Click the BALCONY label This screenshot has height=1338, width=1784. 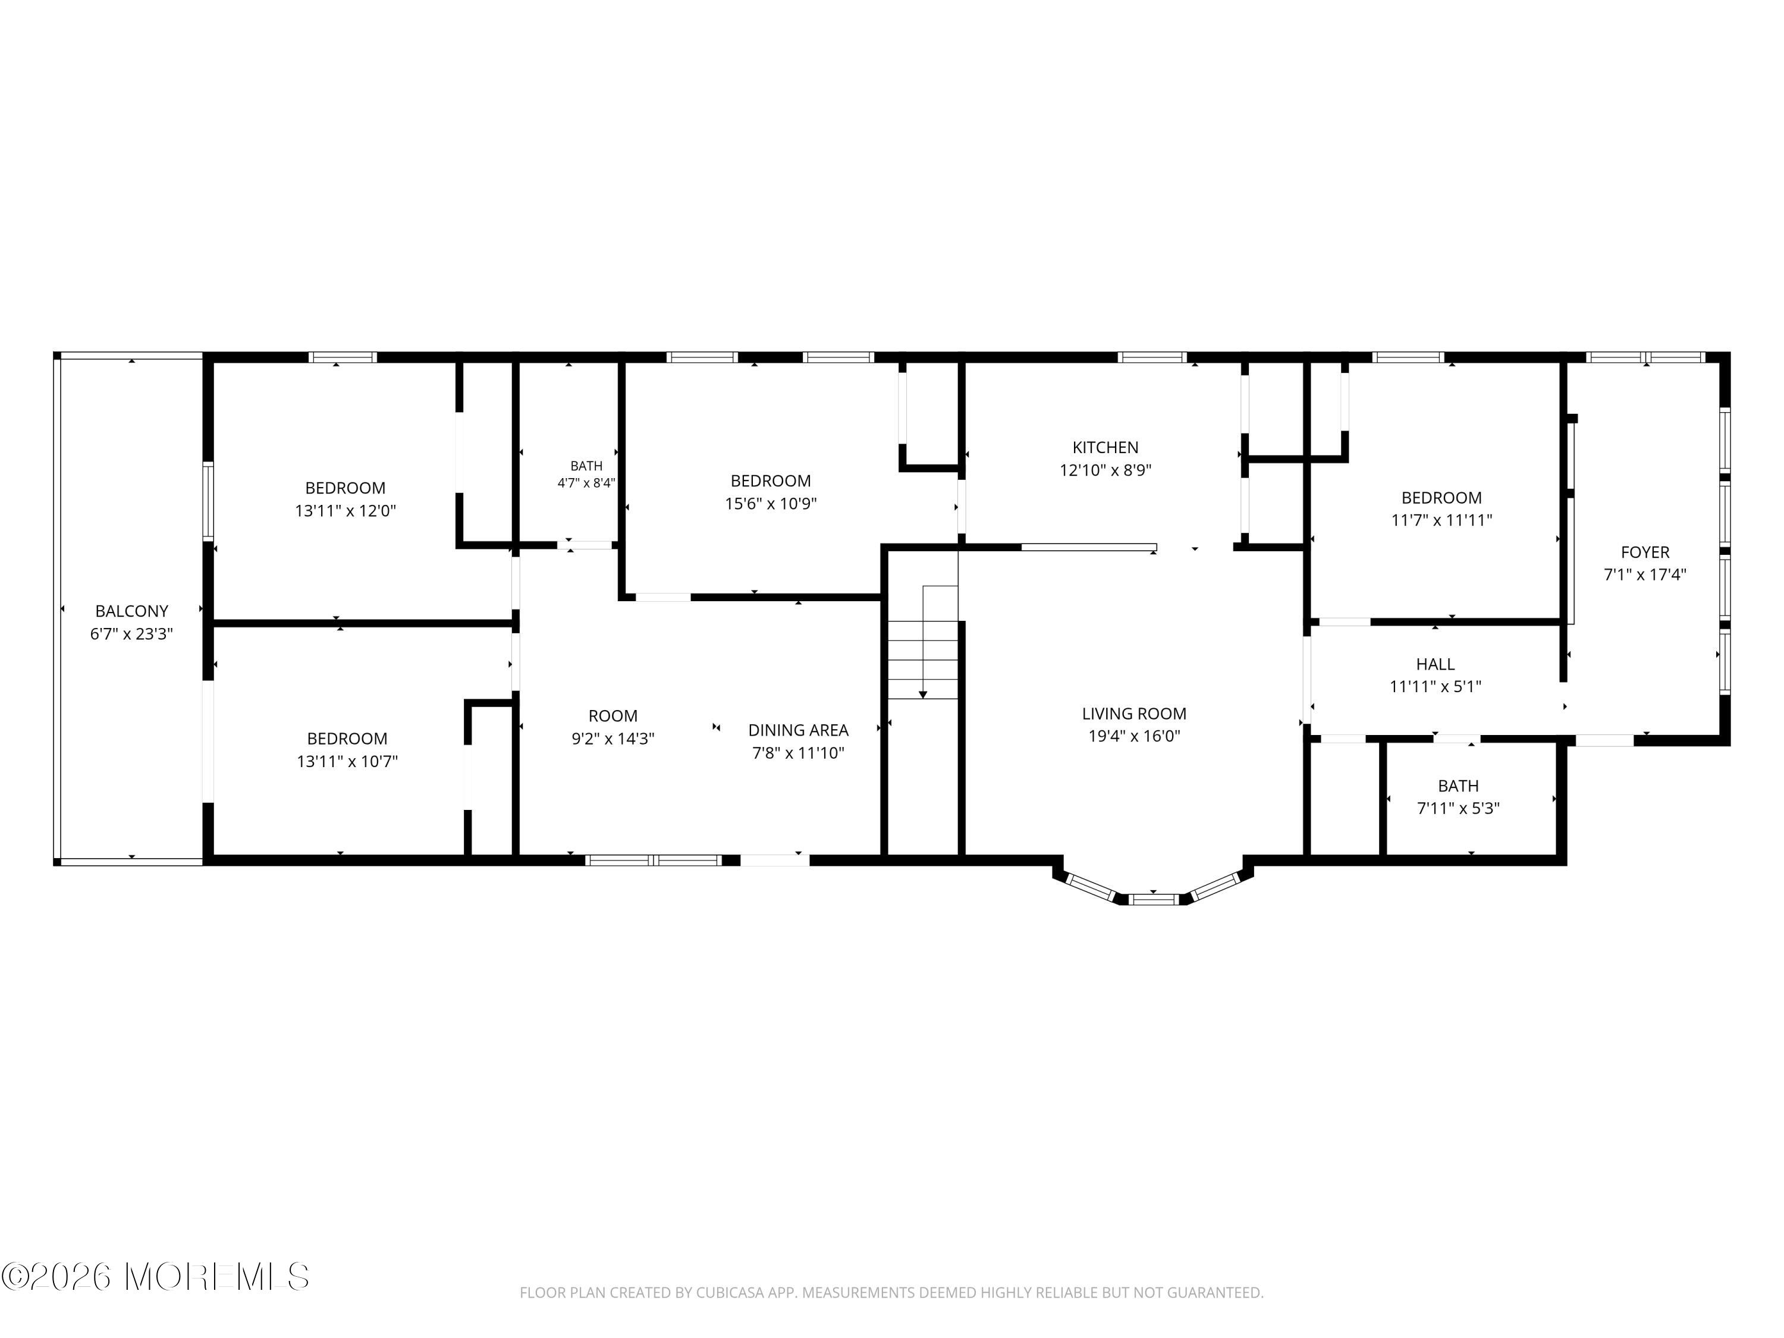131,611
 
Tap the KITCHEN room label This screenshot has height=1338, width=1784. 1105,448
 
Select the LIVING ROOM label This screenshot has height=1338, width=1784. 1134,714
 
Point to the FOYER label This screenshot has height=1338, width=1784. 1645,552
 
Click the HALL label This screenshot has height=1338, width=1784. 1436,665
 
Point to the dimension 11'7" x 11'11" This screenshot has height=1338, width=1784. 1441,521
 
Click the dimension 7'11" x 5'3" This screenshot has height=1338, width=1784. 1458,809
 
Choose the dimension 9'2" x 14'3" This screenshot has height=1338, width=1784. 613,739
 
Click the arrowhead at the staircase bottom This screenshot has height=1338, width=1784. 923,695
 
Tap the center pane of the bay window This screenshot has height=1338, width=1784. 1153,899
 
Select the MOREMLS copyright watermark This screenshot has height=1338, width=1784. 155,1277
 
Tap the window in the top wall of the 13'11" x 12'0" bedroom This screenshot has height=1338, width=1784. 343,357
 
